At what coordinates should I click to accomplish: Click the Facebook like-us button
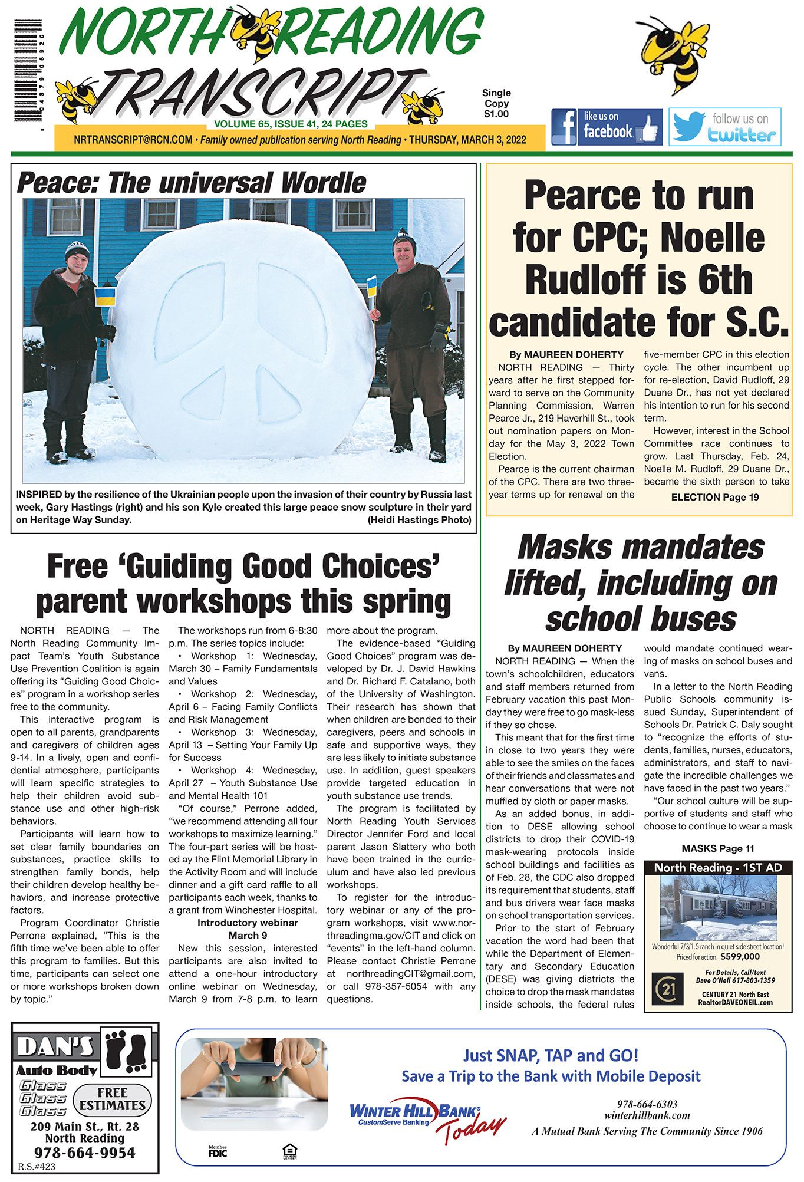point(606,127)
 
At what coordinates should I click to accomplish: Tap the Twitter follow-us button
point(724,127)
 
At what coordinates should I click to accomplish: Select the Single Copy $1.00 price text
point(496,103)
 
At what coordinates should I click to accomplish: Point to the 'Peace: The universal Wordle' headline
point(192,183)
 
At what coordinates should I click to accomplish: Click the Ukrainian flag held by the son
point(106,297)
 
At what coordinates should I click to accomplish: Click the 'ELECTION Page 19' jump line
point(714,497)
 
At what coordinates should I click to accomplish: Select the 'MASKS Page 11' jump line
point(717,848)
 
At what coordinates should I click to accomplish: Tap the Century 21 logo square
point(667,989)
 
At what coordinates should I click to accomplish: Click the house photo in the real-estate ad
point(717,908)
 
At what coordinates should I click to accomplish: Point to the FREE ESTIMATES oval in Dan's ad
point(112,1099)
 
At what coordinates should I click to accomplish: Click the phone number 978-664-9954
point(84,1153)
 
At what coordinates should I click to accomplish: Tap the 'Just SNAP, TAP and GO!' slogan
point(550,1055)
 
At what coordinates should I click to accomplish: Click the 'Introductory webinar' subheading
point(248,923)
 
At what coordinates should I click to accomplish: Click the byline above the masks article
point(565,648)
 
